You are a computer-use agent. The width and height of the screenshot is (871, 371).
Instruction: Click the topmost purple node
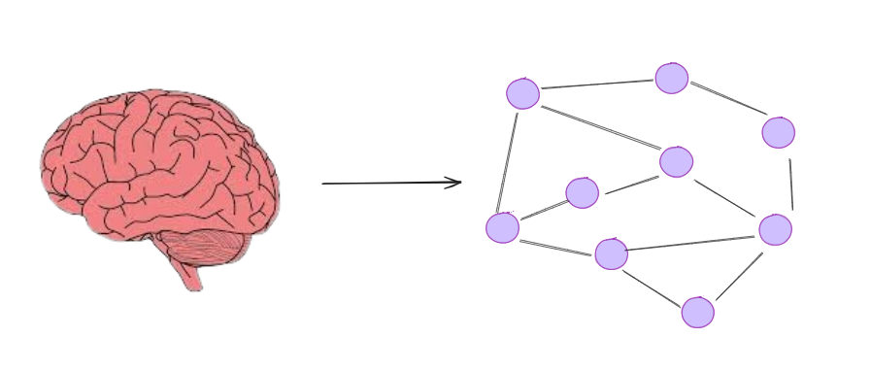(671, 78)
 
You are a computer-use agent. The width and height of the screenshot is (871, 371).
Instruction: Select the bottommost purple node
(697, 312)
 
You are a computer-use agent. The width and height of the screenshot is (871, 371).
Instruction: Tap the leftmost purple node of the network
(502, 227)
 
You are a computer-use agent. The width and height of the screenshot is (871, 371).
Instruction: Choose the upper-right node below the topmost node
(778, 132)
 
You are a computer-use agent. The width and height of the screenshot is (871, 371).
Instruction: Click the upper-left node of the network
(522, 93)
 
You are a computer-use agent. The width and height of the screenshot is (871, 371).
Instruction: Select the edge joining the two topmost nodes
(597, 84)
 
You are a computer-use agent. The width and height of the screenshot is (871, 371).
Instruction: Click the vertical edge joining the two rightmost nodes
(790, 183)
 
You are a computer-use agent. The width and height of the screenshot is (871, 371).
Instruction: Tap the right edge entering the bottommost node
(739, 276)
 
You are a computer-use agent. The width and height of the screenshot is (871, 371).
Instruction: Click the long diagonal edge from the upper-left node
(599, 127)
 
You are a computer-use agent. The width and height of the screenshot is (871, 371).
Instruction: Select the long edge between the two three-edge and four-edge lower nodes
(690, 243)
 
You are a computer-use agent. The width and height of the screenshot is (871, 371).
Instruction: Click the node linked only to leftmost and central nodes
(582, 192)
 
